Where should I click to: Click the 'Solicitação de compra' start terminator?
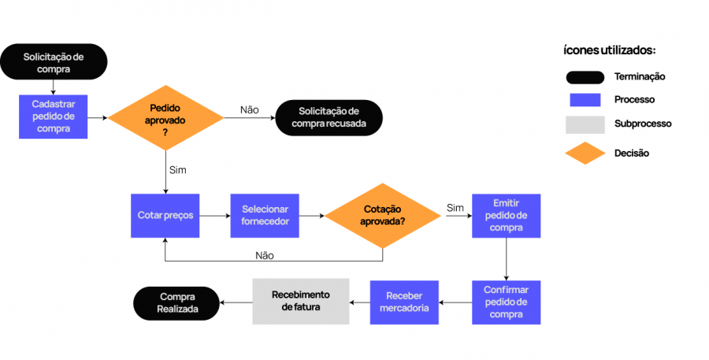pyautogui.click(x=54, y=62)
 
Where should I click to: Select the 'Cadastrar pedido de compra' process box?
pyautogui.click(x=54, y=117)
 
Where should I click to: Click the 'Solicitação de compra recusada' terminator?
pyautogui.click(x=329, y=117)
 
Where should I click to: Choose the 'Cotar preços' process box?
pyautogui.click(x=165, y=215)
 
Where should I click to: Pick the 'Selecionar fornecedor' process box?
pyautogui.click(x=265, y=215)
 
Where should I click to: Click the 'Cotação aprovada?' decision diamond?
pyautogui.click(x=383, y=215)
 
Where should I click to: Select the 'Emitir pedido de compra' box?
pyautogui.click(x=506, y=215)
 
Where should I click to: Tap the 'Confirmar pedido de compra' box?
pyautogui.click(x=506, y=302)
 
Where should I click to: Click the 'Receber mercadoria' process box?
pyautogui.click(x=404, y=302)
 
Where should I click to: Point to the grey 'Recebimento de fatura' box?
pyautogui.click(x=300, y=301)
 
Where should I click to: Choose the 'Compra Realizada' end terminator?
pyautogui.click(x=176, y=302)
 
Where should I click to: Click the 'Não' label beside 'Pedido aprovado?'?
pyautogui.click(x=250, y=109)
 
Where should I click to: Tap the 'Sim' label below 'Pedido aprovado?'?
pyautogui.click(x=178, y=169)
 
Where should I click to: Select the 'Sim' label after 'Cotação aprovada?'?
pyautogui.click(x=455, y=207)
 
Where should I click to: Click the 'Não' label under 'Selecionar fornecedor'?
pyautogui.click(x=265, y=255)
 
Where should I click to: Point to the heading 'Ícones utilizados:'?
pyautogui.click(x=610, y=50)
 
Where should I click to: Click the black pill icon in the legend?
pyautogui.click(x=585, y=77)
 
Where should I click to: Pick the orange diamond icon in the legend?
pyautogui.click(x=585, y=153)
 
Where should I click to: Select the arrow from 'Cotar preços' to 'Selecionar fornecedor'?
pyautogui.click(x=215, y=215)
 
